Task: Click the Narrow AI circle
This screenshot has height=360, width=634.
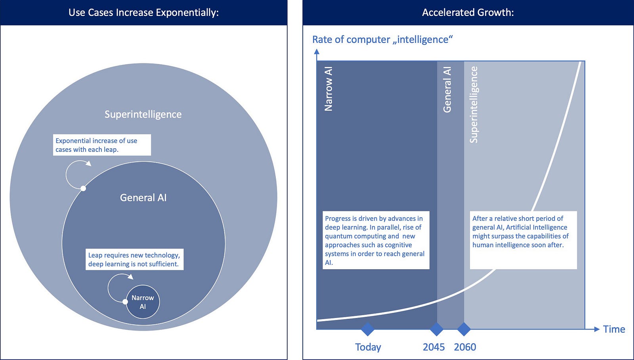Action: click(143, 302)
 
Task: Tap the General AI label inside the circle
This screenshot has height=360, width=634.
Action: click(143, 197)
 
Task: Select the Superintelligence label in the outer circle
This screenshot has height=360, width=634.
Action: click(143, 114)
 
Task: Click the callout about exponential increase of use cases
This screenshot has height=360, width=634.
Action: click(102, 145)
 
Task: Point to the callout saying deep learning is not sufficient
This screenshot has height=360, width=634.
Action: click(134, 260)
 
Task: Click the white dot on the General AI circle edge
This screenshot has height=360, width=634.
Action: click(83, 188)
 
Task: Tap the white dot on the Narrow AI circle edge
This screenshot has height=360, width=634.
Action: click(125, 302)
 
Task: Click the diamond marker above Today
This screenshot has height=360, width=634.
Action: click(368, 329)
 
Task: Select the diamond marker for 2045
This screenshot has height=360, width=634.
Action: click(437, 329)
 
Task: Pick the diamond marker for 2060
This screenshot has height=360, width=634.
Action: click(464, 329)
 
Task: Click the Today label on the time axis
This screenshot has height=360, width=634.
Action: click(368, 347)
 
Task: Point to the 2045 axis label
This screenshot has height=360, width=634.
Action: click(433, 347)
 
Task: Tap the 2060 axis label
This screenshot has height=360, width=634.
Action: click(465, 347)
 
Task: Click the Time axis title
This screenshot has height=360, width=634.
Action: click(614, 329)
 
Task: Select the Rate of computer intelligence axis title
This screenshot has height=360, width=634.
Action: click(382, 40)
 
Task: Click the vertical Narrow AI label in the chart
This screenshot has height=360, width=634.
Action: click(328, 89)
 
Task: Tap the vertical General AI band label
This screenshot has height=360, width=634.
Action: click(447, 90)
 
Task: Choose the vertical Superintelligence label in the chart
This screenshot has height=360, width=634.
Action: click(474, 104)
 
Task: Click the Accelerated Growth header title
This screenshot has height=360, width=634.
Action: click(468, 13)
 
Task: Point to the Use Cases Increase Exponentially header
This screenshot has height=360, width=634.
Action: click(143, 13)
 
